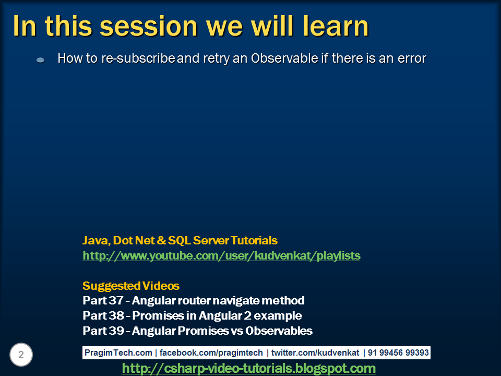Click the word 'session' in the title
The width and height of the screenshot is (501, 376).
click(149, 26)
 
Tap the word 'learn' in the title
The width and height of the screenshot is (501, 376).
click(336, 26)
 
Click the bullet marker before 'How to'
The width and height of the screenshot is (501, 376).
click(41, 60)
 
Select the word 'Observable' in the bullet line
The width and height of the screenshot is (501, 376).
click(284, 58)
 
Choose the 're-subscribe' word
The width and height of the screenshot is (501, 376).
click(138, 58)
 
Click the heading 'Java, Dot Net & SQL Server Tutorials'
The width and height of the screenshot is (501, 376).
click(180, 240)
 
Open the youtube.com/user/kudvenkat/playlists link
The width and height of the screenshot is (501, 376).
click(221, 256)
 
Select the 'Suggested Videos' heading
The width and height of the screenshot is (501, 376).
click(131, 286)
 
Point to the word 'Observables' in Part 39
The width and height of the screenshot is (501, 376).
click(279, 331)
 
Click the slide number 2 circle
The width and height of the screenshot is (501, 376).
click(21, 355)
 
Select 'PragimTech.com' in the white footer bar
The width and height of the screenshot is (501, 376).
click(118, 352)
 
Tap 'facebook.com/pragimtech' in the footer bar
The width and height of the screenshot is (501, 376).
click(211, 352)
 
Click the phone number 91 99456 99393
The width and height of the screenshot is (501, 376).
click(398, 352)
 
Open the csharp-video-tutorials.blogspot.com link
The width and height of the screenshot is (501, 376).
click(248, 368)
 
